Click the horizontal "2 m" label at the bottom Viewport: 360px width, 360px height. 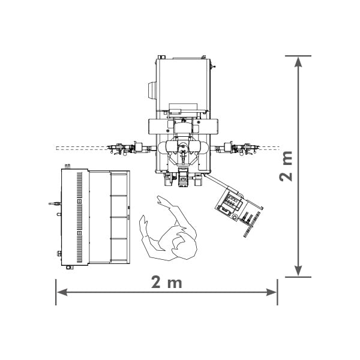point(166,282)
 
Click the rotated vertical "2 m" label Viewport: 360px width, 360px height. point(286,166)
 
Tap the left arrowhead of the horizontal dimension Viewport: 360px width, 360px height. point(62,292)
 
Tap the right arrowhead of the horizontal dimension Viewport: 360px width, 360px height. point(271,292)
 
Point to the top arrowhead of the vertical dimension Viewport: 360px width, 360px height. point(298,62)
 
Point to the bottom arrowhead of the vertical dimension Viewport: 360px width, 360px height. point(298,271)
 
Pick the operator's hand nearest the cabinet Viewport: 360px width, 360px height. point(143,221)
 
